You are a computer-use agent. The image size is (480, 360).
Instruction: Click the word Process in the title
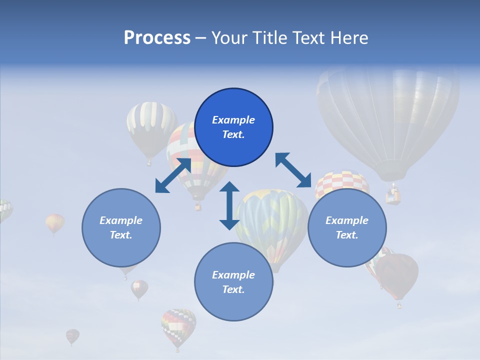[157, 38]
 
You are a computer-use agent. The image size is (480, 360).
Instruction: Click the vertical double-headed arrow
[229, 205]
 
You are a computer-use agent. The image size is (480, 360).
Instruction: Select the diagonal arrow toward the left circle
[173, 175]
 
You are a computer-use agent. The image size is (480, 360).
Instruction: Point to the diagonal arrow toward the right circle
[293, 170]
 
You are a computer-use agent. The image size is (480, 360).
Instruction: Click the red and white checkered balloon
[341, 182]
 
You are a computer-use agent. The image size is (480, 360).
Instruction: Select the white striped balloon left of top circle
[150, 125]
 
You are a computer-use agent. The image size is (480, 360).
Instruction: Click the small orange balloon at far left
[54, 222]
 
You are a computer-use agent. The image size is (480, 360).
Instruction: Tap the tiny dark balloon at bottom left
[72, 335]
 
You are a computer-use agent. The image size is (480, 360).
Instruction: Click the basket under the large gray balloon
[393, 195]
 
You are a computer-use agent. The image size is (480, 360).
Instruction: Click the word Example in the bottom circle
[233, 275]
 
